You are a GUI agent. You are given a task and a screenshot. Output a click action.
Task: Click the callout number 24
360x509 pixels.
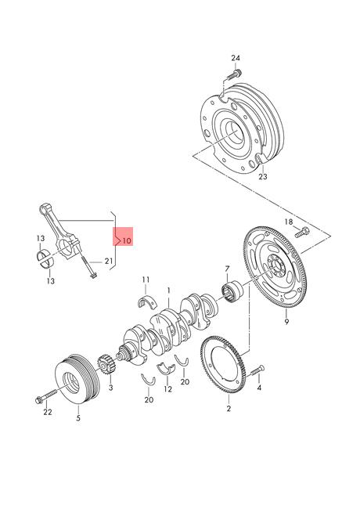point(236,58)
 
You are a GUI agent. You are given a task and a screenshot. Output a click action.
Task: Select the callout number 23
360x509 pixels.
point(263,177)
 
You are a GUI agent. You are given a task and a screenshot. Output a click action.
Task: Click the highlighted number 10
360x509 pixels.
point(127,240)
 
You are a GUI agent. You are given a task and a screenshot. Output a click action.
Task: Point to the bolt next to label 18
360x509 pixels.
point(302,232)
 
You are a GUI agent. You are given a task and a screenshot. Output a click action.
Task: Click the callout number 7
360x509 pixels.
point(227,269)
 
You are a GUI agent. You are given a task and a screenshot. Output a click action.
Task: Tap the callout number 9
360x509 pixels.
point(286,322)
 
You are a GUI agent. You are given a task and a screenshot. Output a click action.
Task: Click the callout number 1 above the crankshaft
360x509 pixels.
point(168,291)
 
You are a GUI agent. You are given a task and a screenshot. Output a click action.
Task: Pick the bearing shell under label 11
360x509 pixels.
point(147,301)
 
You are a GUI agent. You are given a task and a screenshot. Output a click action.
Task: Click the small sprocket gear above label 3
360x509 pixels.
point(104,365)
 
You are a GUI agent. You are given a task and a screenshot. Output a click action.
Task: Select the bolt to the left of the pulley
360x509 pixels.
point(47,395)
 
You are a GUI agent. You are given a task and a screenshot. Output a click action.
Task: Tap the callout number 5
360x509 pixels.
point(78,418)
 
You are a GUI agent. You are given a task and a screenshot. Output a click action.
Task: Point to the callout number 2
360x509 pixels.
point(229,409)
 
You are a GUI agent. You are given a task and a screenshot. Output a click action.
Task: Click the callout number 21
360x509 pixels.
point(108,261)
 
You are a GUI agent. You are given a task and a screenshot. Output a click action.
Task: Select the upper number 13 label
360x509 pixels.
point(41,239)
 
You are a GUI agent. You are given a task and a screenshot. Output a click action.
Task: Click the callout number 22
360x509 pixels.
point(48,412)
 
